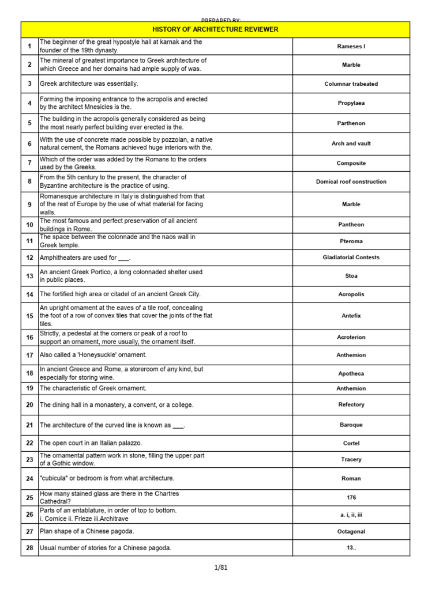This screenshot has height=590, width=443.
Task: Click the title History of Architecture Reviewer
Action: pyautogui.click(x=215, y=29)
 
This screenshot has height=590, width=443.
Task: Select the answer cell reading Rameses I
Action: pyautogui.click(x=351, y=46)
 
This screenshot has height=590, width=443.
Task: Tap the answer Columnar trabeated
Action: pyautogui.click(x=351, y=84)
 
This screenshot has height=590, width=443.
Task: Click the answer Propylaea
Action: pyautogui.click(x=351, y=103)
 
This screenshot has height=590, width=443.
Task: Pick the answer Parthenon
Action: pyautogui.click(x=351, y=123)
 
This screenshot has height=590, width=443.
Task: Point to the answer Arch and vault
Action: pyautogui.click(x=351, y=143)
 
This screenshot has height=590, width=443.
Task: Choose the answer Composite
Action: pyautogui.click(x=351, y=163)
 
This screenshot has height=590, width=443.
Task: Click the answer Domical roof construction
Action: pyautogui.click(x=351, y=181)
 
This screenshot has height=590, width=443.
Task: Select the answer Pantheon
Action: pyautogui.click(x=351, y=225)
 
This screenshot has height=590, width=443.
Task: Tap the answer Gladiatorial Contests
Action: pyautogui.click(x=351, y=258)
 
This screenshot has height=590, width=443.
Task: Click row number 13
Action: pyautogui.click(x=29, y=276)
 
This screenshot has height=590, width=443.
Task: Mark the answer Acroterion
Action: pyautogui.click(x=351, y=337)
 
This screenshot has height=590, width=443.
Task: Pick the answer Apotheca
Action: pyautogui.click(x=351, y=373)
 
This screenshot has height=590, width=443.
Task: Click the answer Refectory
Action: pyautogui.click(x=351, y=404)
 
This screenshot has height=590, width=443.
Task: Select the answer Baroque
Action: pyautogui.click(x=351, y=425)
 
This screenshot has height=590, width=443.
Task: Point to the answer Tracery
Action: pyautogui.click(x=351, y=459)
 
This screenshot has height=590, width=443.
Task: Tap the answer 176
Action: pyautogui.click(x=351, y=497)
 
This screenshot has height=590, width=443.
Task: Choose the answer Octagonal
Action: pyautogui.click(x=351, y=531)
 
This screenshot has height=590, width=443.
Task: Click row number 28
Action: pyautogui.click(x=29, y=548)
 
